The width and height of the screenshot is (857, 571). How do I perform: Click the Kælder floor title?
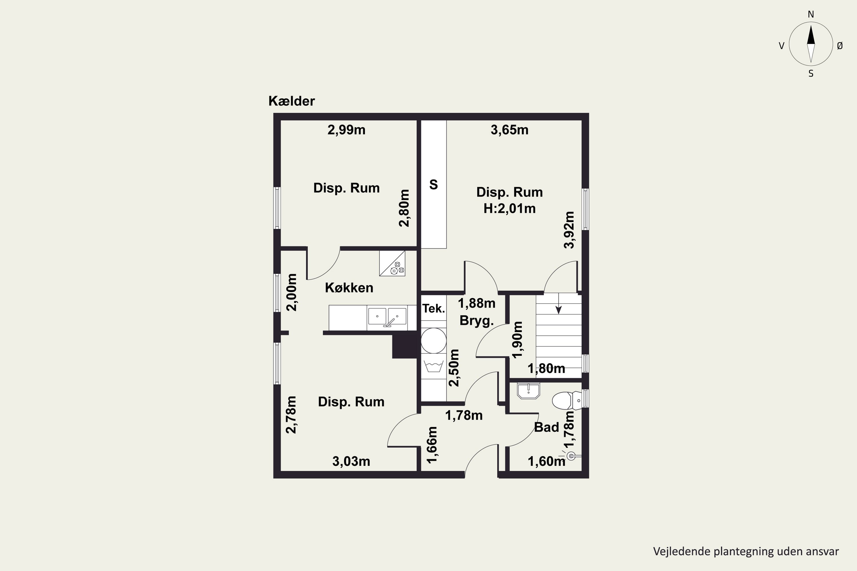tap(291, 101)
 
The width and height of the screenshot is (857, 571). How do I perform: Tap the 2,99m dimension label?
tap(346, 130)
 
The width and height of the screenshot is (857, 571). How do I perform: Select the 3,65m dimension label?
tap(509, 130)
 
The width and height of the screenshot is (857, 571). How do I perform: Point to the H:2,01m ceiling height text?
tap(509, 208)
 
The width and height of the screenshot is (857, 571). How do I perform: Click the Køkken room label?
tap(349, 288)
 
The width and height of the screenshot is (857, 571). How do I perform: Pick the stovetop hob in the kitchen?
tap(392, 263)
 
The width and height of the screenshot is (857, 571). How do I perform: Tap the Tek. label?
tap(434, 308)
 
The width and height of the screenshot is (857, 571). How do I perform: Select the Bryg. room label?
tap(476, 320)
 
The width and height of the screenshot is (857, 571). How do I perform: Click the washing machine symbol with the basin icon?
tap(434, 366)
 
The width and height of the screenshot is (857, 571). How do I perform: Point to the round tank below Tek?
tap(434, 341)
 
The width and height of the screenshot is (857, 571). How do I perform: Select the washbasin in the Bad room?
tap(528, 391)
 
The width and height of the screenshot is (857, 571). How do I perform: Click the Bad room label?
tap(546, 427)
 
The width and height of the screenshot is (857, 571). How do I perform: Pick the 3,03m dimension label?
tap(351, 461)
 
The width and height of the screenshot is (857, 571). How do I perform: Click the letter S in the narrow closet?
tap(434, 185)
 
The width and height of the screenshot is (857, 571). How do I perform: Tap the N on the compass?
tap(811, 14)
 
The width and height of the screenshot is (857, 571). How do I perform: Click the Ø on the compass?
tap(840, 45)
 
